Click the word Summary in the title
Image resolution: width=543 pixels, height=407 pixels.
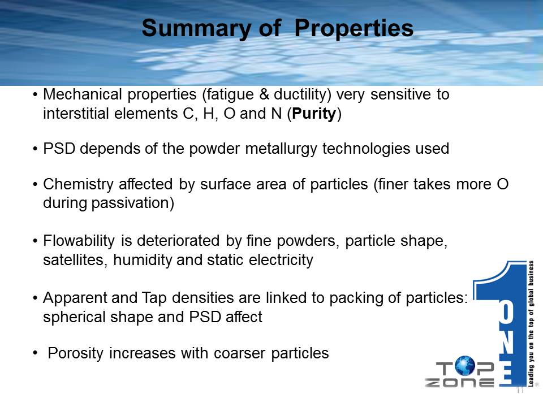point(196,28)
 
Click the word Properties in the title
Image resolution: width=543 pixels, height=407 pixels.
point(354,28)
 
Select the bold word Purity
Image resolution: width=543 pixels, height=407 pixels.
point(314,114)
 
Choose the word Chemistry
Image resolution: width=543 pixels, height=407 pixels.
point(78,184)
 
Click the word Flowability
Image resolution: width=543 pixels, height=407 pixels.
point(79,241)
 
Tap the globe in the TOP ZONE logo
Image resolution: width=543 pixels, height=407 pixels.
point(465,366)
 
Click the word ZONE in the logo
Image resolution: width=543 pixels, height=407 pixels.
point(459,383)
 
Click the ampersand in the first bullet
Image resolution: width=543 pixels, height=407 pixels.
point(264,95)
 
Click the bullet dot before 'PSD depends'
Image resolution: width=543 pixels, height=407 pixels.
point(35,149)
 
